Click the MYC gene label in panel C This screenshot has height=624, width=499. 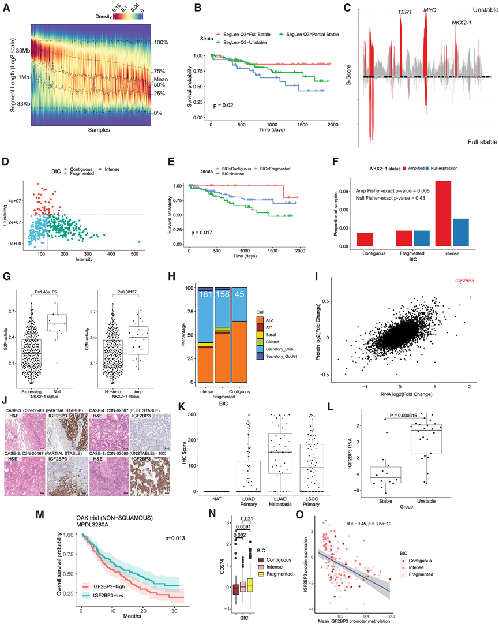pos(430,10)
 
